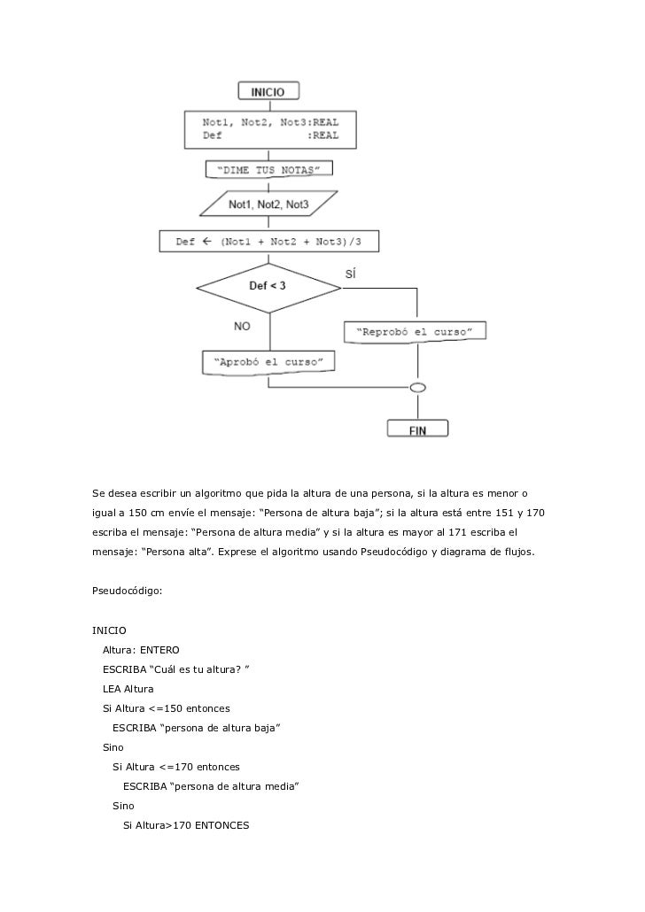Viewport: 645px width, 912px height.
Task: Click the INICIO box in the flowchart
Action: click(x=268, y=90)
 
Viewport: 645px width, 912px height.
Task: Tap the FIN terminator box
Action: click(x=417, y=429)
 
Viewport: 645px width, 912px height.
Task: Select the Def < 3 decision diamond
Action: click(x=268, y=287)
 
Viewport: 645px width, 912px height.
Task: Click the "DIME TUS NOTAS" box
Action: click(x=268, y=170)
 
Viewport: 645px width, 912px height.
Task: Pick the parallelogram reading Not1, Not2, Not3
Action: click(x=268, y=205)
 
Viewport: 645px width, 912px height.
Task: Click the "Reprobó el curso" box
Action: click(x=414, y=332)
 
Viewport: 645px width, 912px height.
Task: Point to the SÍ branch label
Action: click(x=351, y=274)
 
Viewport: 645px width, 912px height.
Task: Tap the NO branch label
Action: click(x=243, y=326)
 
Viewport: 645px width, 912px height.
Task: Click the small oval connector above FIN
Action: click(x=416, y=387)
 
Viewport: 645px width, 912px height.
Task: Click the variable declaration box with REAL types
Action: click(x=268, y=129)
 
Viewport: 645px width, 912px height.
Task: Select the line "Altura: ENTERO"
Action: click(x=141, y=651)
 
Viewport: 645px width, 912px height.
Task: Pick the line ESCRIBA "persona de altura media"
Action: click(x=212, y=786)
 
